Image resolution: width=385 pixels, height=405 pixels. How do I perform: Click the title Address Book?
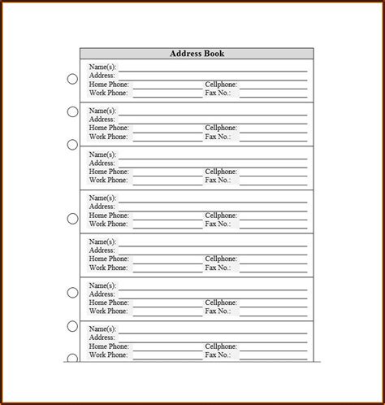tap(197, 54)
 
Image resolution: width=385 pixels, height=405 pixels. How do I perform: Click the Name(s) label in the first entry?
tap(102, 66)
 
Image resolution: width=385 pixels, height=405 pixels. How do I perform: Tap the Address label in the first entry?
tap(102, 75)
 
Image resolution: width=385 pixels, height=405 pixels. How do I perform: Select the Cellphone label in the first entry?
tap(220, 84)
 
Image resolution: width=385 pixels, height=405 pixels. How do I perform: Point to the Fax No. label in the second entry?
tap(218, 136)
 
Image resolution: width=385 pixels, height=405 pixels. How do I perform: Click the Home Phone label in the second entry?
tap(109, 128)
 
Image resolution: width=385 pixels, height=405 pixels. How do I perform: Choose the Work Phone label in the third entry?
tap(109, 180)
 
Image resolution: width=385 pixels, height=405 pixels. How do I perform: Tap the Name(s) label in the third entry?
tap(102, 154)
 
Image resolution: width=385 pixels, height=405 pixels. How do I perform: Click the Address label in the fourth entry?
tap(102, 207)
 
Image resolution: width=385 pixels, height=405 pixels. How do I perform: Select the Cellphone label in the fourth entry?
tap(220, 216)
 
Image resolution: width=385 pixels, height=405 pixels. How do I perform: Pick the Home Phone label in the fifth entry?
tap(109, 259)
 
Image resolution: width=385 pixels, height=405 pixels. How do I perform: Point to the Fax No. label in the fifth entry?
tap(218, 268)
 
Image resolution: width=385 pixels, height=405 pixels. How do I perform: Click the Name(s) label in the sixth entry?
tap(102, 285)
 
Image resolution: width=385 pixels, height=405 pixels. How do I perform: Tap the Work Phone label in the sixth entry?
tap(109, 311)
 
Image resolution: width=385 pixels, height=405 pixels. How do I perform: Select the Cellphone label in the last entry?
tap(220, 347)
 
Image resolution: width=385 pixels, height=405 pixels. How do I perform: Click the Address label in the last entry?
tap(102, 338)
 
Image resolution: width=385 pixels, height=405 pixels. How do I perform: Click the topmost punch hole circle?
tap(72, 79)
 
